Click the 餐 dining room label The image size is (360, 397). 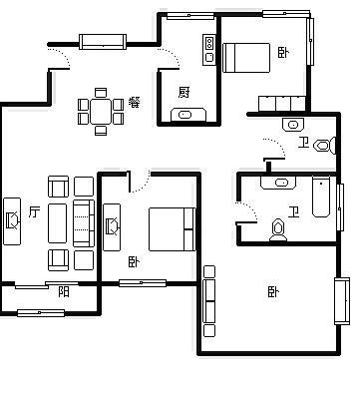(x=134, y=103)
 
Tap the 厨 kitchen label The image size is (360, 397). (x=183, y=92)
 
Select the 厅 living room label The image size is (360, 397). (x=34, y=211)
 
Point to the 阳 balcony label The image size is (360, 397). (x=64, y=292)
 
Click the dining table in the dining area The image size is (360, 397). (x=101, y=112)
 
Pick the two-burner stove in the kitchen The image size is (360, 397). (x=209, y=42)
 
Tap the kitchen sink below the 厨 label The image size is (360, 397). (x=184, y=115)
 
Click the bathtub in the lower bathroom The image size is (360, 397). (x=321, y=197)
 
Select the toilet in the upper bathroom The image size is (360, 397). (x=324, y=146)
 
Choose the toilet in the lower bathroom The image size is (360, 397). (x=278, y=230)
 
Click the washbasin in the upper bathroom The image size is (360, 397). (x=293, y=125)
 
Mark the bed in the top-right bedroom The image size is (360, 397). (x=246, y=58)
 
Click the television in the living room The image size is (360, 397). (x=12, y=221)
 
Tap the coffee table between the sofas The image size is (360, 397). (x=57, y=223)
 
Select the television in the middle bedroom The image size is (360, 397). (x=112, y=227)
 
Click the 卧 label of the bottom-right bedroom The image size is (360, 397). (x=273, y=292)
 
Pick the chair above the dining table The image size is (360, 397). (x=101, y=93)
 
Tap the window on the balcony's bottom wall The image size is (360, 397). (x=41, y=313)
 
